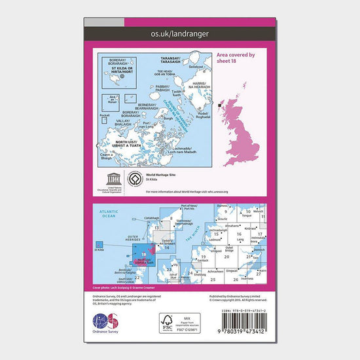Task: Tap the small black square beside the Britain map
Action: tap(221, 103)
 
